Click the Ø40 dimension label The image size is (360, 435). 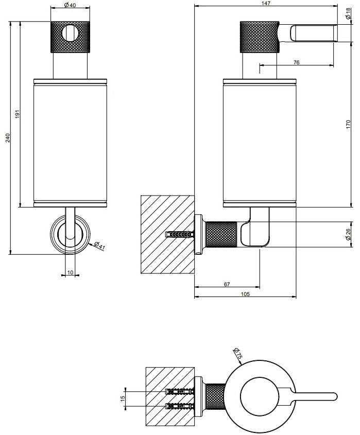pos(71,6)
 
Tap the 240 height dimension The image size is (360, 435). pos(8,138)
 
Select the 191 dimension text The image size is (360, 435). pos(17,115)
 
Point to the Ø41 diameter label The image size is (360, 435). pos(100,246)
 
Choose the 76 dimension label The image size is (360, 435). pos(296,62)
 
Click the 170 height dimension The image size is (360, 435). pos(349,124)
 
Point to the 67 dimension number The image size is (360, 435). pos(226,283)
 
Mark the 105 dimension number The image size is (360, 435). pos(245,294)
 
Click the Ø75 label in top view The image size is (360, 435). pos(237,354)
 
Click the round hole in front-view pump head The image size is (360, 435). pos(71,33)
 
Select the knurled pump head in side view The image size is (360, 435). pos(259,37)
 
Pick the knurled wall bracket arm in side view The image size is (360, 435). pos(221,234)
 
